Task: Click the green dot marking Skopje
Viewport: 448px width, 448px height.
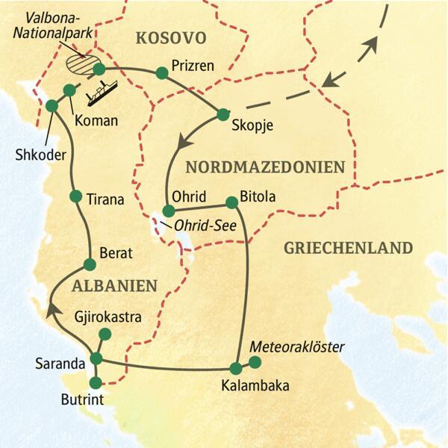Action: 223,114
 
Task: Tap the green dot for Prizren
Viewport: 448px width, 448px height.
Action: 161,73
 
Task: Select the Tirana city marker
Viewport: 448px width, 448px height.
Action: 75,196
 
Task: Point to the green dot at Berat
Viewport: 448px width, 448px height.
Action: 90,264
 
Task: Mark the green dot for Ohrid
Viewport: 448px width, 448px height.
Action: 168,211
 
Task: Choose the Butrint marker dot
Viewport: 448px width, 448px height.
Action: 95,383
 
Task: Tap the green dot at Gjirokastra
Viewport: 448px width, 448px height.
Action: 105,334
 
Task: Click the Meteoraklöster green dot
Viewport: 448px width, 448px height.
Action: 255,363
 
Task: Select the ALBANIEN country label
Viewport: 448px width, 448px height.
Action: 114,285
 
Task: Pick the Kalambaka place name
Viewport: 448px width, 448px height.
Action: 254,386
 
